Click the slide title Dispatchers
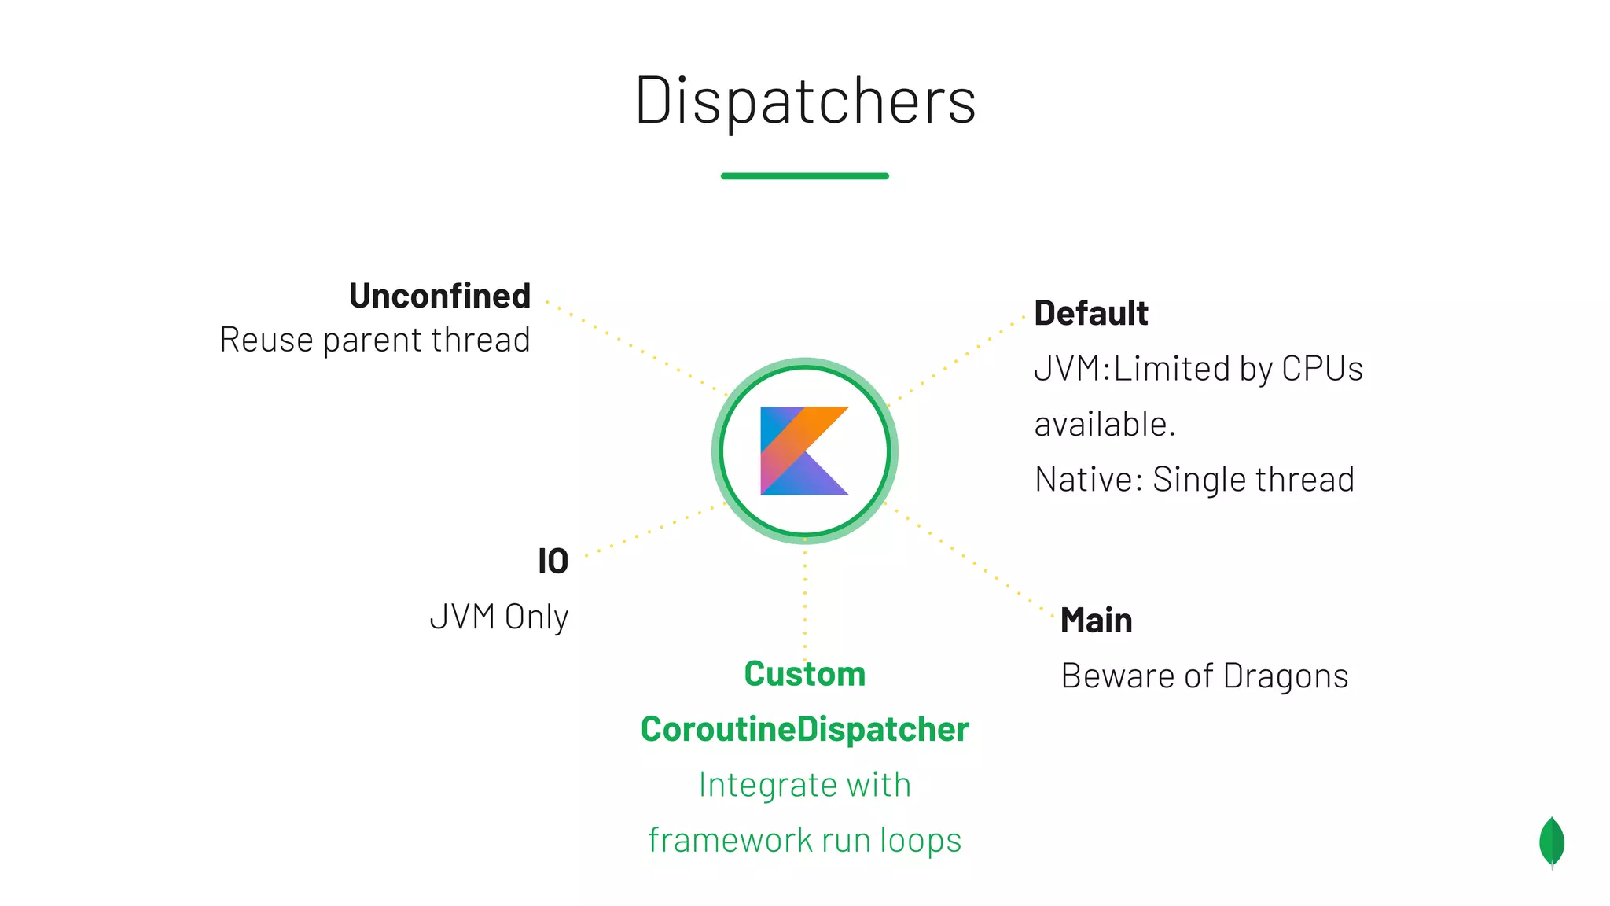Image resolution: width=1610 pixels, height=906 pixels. tap(805, 101)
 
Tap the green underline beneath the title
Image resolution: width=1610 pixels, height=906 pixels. tap(804, 176)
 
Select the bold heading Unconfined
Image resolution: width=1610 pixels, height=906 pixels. tap(439, 296)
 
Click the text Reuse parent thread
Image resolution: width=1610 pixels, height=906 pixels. tap(375, 340)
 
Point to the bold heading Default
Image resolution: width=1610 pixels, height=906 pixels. tap(1090, 313)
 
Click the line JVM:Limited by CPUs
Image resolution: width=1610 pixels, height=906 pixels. tap(1198, 369)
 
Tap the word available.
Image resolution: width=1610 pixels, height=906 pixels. tap(1105, 425)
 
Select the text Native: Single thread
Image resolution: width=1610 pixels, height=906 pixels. tap(1194, 480)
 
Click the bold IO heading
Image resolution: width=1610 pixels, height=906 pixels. tap(553, 562)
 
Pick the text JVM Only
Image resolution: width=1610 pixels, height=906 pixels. tap(498, 617)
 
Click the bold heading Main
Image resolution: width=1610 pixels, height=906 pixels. tap(1096, 621)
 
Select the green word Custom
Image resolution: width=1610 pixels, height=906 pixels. tap(804, 674)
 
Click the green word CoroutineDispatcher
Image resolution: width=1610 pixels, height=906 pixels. tap(804, 729)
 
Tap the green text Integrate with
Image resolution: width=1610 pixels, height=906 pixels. tap(804, 785)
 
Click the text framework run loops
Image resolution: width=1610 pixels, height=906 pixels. tap(804, 840)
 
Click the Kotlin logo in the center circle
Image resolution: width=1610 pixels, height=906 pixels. tap(804, 451)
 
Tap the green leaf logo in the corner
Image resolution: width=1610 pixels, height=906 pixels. tap(1552, 842)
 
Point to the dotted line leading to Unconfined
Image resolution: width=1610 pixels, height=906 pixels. tap(637, 348)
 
